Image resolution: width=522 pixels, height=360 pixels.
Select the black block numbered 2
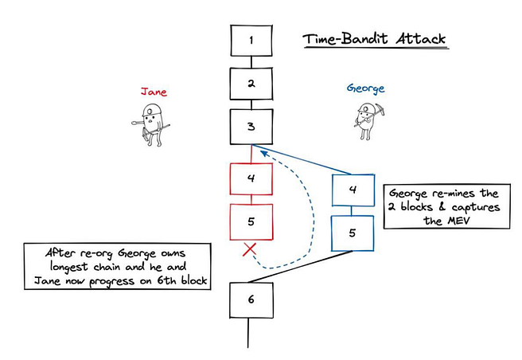251,83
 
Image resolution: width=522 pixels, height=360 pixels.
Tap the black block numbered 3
251,127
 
